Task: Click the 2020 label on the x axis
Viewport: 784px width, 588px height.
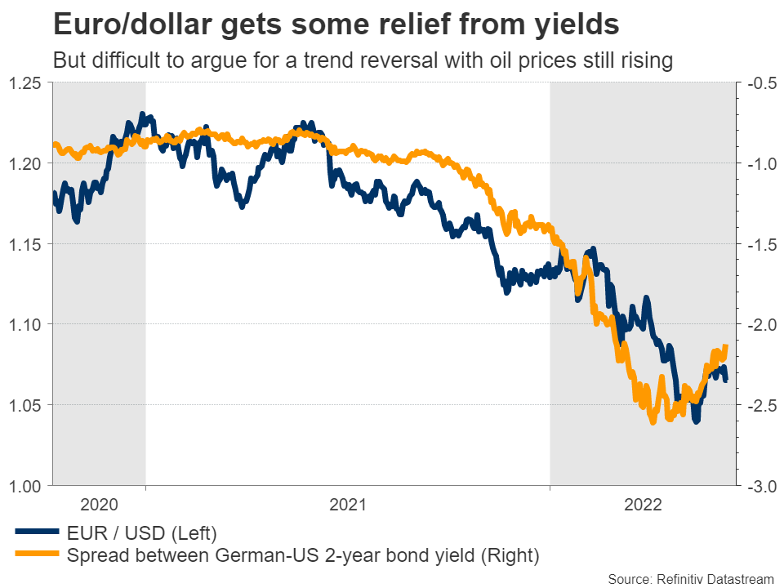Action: [100, 505]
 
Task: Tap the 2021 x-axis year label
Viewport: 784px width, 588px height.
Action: [348, 505]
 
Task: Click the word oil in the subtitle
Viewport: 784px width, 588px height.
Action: [481, 61]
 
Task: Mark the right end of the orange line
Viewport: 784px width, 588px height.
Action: [725, 346]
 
